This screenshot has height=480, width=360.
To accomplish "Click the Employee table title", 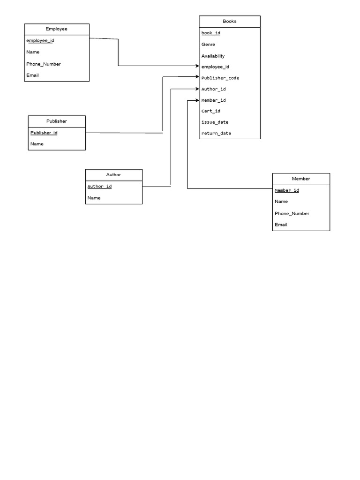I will pos(56,29).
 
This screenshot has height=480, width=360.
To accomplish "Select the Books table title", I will pos(230,22).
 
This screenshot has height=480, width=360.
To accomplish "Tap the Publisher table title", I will pos(57,121).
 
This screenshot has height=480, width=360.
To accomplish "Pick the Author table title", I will pos(113,175).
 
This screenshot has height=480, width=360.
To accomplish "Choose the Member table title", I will pos(301,179).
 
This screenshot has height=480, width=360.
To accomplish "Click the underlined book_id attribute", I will pos(211,33).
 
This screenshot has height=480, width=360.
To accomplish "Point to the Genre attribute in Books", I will pos(208,45).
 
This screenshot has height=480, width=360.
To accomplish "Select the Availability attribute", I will pos(213,56).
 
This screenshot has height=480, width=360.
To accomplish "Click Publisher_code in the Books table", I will pos(220,78).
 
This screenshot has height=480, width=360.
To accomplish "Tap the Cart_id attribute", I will pos(211,111).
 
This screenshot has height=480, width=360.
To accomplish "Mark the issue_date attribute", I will pos(215,122).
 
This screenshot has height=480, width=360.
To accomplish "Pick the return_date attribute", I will pos(217,134).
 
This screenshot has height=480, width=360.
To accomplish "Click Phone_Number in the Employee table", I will pos(44,64).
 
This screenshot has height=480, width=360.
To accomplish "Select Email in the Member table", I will pos(281,225).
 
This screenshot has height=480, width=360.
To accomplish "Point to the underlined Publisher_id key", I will pos(44,133).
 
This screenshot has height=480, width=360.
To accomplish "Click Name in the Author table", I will pos(94,198).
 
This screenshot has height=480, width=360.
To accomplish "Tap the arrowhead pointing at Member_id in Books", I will pos(197,100).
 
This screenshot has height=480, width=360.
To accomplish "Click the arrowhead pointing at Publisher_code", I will pos(197,77).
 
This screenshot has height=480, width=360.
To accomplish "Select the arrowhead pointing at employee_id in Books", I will pos(197,66).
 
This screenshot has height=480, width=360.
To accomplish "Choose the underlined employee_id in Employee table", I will pos(40,41).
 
